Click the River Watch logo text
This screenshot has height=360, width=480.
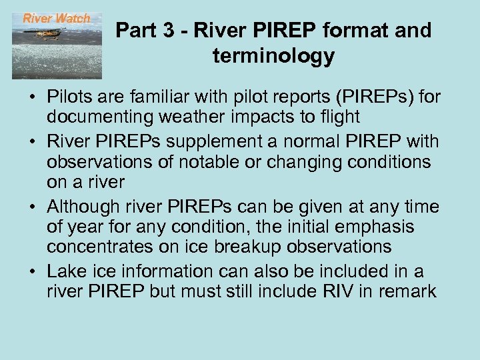pos(57,19)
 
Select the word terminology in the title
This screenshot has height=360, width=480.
pos(273,56)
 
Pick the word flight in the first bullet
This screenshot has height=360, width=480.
pos(339,117)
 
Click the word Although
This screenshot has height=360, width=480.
pos(82,207)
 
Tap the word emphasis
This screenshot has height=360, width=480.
pos(375,227)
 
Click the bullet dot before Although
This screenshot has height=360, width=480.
pos(32,207)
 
